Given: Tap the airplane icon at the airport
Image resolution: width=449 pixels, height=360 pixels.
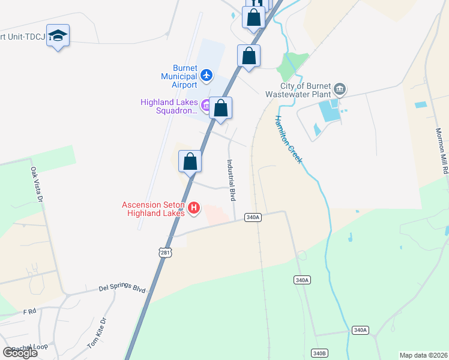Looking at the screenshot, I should coord(207,75).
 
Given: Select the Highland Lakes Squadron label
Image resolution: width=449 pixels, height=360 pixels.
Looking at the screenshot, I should coord(169,106).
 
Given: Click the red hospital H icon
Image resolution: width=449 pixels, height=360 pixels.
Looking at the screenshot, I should coord(194,208).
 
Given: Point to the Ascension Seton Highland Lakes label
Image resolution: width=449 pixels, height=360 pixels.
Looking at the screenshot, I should coord(155,208).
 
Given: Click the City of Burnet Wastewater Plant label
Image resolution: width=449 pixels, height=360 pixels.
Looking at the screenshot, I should coord(298,90).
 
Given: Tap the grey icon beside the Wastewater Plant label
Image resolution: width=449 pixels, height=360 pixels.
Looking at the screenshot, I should coord(340,90).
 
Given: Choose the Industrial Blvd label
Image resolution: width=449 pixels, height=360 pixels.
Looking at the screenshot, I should coord(230,179).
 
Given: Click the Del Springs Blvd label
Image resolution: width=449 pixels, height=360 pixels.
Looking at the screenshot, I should coord(122,289).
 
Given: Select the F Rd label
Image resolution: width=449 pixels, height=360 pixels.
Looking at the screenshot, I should coord(29,312).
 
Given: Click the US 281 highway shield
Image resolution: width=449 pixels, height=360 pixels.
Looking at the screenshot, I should coord(166,253).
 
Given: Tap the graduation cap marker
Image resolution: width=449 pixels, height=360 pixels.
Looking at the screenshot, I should coord(58,35).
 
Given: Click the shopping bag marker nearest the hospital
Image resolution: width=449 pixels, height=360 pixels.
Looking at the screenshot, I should coord(190,161).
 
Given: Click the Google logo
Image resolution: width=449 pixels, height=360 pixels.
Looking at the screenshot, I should coord(20,353).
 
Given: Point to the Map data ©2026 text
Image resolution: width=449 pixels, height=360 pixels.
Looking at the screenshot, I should coord(423,355).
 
